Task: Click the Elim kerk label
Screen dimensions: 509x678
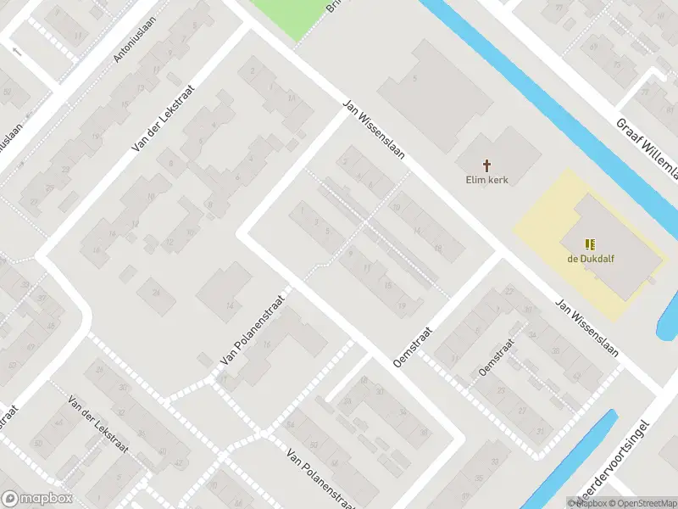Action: point(486,179)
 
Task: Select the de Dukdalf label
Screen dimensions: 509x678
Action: point(590,259)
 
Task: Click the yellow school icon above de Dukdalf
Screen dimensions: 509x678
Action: point(590,243)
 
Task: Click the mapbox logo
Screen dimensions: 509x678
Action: point(37,498)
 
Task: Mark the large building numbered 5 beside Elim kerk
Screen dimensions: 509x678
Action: point(414,79)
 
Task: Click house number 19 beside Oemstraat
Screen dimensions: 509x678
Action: point(401,305)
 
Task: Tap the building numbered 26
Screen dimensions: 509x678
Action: point(156,293)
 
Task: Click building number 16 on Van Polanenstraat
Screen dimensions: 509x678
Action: point(268,344)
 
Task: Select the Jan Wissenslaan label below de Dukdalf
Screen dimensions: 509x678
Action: point(586,326)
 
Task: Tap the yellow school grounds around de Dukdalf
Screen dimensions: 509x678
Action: point(542,221)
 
